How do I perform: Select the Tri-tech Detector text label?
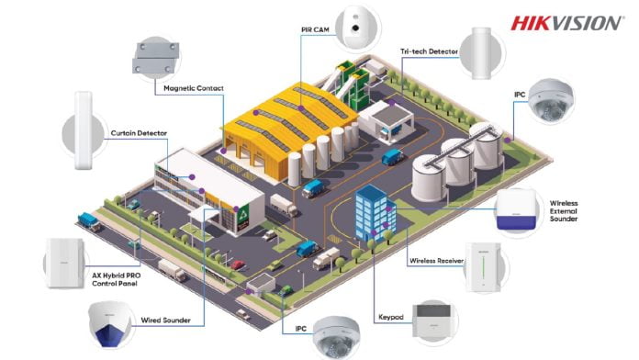click(428, 53)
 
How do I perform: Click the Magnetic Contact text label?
click(194, 88)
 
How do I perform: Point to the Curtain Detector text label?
click(140, 133)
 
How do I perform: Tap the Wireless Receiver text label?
click(436, 261)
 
